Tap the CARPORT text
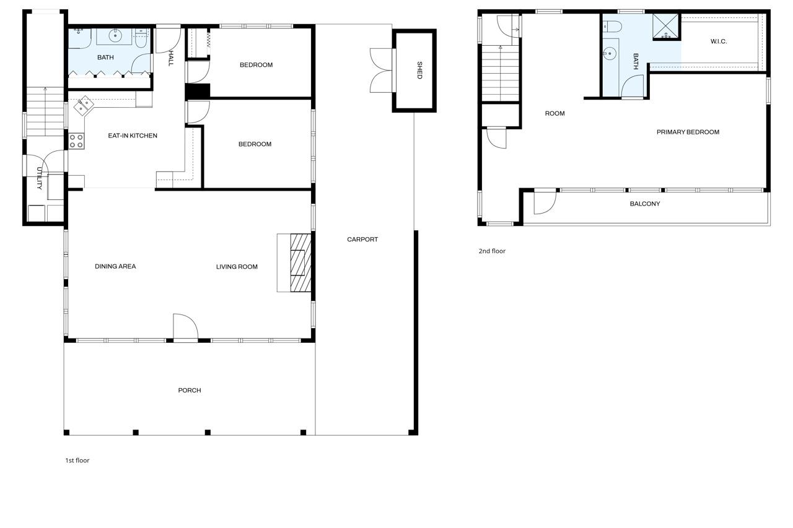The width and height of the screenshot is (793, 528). point(362,240)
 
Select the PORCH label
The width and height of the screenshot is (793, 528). point(190,391)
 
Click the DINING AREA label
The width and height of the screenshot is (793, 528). point(115,267)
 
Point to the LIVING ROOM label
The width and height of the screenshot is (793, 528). point(237,267)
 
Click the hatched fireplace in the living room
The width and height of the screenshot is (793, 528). point(300,262)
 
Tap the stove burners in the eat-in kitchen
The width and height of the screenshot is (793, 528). point(76,141)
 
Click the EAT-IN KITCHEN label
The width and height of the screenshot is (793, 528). point(133,136)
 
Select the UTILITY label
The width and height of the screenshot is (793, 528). point(39,178)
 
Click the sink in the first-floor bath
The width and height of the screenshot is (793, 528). point(115,36)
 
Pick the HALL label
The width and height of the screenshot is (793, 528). point(171,59)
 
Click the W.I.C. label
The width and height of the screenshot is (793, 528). point(719,41)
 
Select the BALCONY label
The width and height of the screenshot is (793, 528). point(645,204)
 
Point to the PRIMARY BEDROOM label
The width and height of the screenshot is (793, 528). point(688,132)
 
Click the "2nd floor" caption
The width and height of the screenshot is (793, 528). point(492,251)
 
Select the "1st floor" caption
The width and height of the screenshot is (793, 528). point(77,461)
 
